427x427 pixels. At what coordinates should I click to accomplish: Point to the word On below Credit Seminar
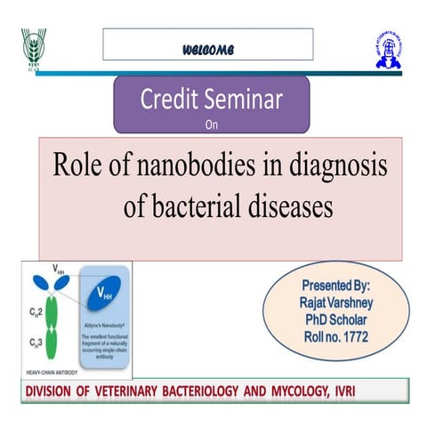tap(211, 125)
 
